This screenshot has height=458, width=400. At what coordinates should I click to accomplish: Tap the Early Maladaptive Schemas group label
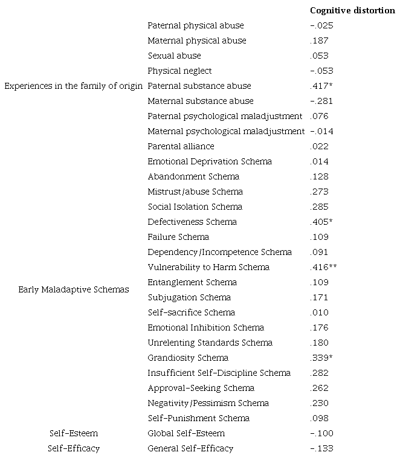tap(74, 289)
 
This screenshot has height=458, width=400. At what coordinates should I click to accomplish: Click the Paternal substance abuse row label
tap(199, 86)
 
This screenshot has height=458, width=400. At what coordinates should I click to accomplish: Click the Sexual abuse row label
tap(174, 56)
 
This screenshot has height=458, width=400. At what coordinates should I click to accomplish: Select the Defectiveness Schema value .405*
tap(321, 222)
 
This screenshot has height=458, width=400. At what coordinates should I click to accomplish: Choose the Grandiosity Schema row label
tap(188, 358)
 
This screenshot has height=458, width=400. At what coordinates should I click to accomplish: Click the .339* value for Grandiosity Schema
tap(321, 358)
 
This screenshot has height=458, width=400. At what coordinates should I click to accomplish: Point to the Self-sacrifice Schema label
tap(192, 312)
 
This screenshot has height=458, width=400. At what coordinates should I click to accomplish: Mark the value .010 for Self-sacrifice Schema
tap(320, 312)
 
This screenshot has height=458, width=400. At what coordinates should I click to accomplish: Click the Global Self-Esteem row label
tap(186, 433)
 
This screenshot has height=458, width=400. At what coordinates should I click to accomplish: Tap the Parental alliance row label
tap(181, 146)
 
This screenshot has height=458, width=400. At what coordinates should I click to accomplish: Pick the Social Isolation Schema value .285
tap(320, 207)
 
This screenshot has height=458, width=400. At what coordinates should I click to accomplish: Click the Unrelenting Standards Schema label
tap(210, 343)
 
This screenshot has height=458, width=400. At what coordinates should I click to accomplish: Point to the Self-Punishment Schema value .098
tap(320, 418)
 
